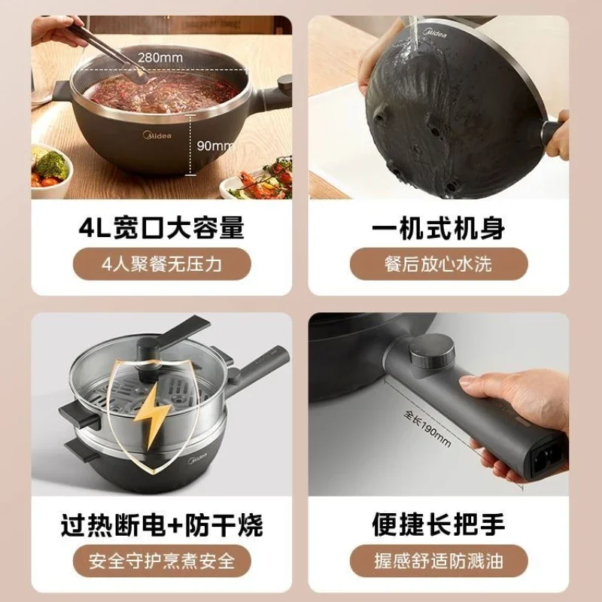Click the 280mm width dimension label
pyautogui.click(x=160, y=58)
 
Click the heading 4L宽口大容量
pyautogui.click(x=162, y=228)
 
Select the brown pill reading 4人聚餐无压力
pyautogui.click(x=162, y=264)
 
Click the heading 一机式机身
pyautogui.click(x=439, y=228)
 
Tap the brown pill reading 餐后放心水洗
pyautogui.click(x=439, y=264)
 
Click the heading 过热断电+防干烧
pyautogui.click(x=162, y=524)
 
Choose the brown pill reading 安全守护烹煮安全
pyautogui.click(x=162, y=561)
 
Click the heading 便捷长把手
pyautogui.click(x=439, y=524)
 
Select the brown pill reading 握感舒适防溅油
pyautogui.click(x=439, y=561)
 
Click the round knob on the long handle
pyautogui.click(x=431, y=351)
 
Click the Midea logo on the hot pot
pyautogui.click(x=157, y=135)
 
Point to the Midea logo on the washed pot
pyautogui.click(x=435, y=32)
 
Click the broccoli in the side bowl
pyautogui.click(x=53, y=164)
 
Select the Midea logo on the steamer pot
pyautogui.click(x=197, y=458)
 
